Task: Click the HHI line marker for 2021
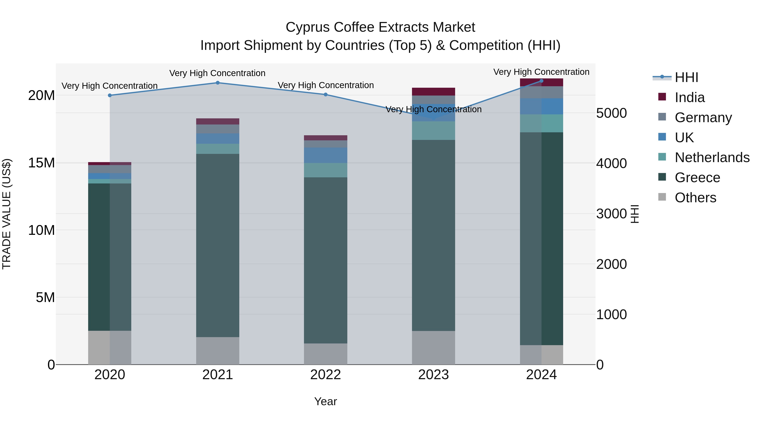[x=218, y=83]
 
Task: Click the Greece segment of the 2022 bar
[x=326, y=260]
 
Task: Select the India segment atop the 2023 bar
[x=433, y=92]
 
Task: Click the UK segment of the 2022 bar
[x=326, y=155]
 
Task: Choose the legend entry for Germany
[x=703, y=118]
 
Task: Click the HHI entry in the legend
[x=686, y=77]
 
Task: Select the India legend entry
[x=690, y=97]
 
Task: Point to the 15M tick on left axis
[x=41, y=163]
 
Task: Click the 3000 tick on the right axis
[x=611, y=213]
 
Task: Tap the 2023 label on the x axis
[x=433, y=375]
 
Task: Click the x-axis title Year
[x=325, y=401]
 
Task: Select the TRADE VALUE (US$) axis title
[x=7, y=214]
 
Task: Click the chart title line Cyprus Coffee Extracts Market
[x=380, y=27]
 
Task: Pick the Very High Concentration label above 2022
[x=326, y=85]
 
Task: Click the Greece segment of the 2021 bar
[x=218, y=245]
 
